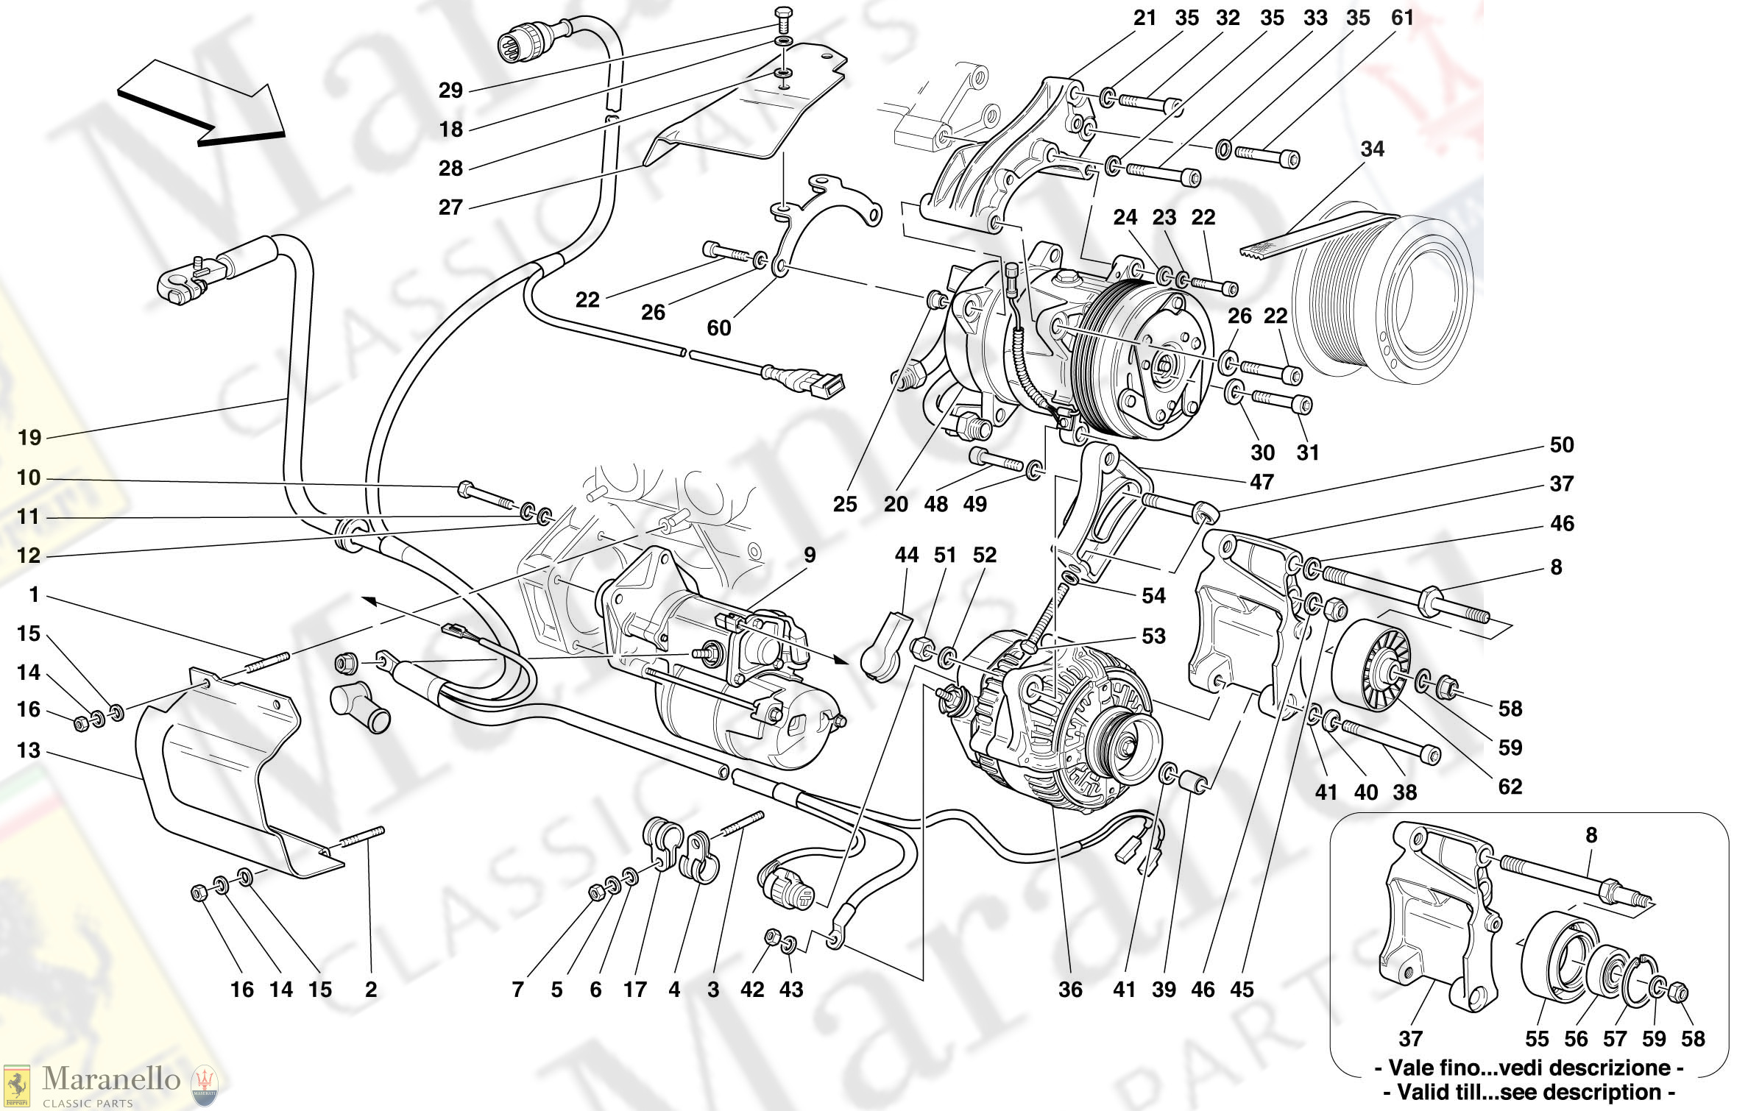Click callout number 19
coord(29,438)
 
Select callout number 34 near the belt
coord(1372,149)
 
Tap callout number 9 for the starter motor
coord(810,555)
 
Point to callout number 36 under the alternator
coord(1070,990)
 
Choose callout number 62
coord(1510,787)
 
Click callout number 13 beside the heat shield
coord(29,750)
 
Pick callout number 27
coord(450,207)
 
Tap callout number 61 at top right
coord(1402,18)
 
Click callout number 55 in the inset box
coord(1538,1039)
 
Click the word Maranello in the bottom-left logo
coord(111,1079)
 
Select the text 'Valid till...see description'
coord(1528,1093)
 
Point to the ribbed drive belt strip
coord(1317,234)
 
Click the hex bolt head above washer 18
coord(785,14)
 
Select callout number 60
coord(719,328)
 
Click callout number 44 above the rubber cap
coord(907,555)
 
